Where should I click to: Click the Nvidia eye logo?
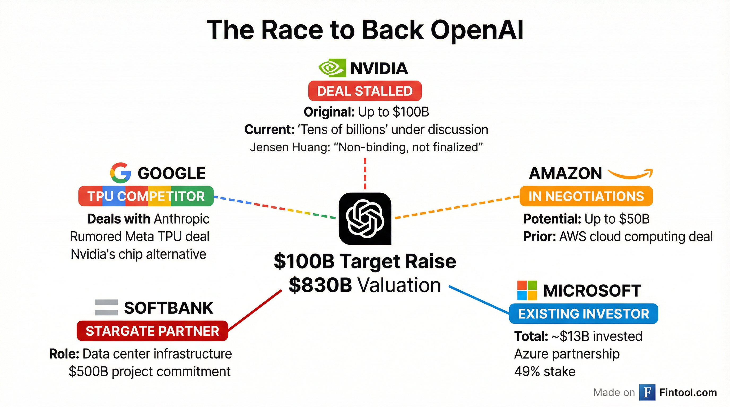(332, 68)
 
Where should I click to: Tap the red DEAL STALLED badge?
(365, 91)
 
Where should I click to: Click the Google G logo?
(120, 173)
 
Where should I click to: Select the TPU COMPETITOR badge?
(146, 196)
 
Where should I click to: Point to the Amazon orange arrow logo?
(631, 174)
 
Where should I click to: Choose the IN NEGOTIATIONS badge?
(586, 196)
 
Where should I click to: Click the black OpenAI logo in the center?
(365, 219)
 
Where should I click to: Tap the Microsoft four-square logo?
(527, 290)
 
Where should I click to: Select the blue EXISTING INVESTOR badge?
(583, 314)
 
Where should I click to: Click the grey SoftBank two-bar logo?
(106, 307)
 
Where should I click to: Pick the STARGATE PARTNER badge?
(152, 331)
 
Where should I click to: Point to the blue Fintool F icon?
(647, 392)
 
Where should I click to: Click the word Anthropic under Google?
(182, 219)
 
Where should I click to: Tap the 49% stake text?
(545, 371)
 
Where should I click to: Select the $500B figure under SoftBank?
(88, 371)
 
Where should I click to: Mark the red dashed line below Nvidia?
(365, 173)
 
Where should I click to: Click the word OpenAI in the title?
(477, 30)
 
